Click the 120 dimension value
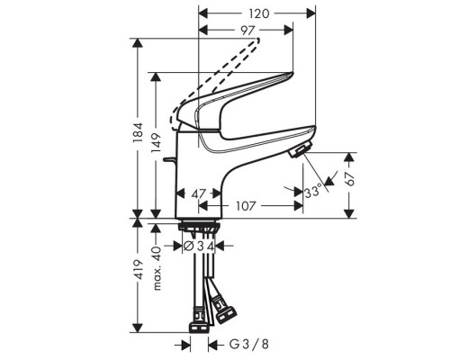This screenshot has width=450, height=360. (x=258, y=13)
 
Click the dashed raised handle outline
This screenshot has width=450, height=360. (x=216, y=76)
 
